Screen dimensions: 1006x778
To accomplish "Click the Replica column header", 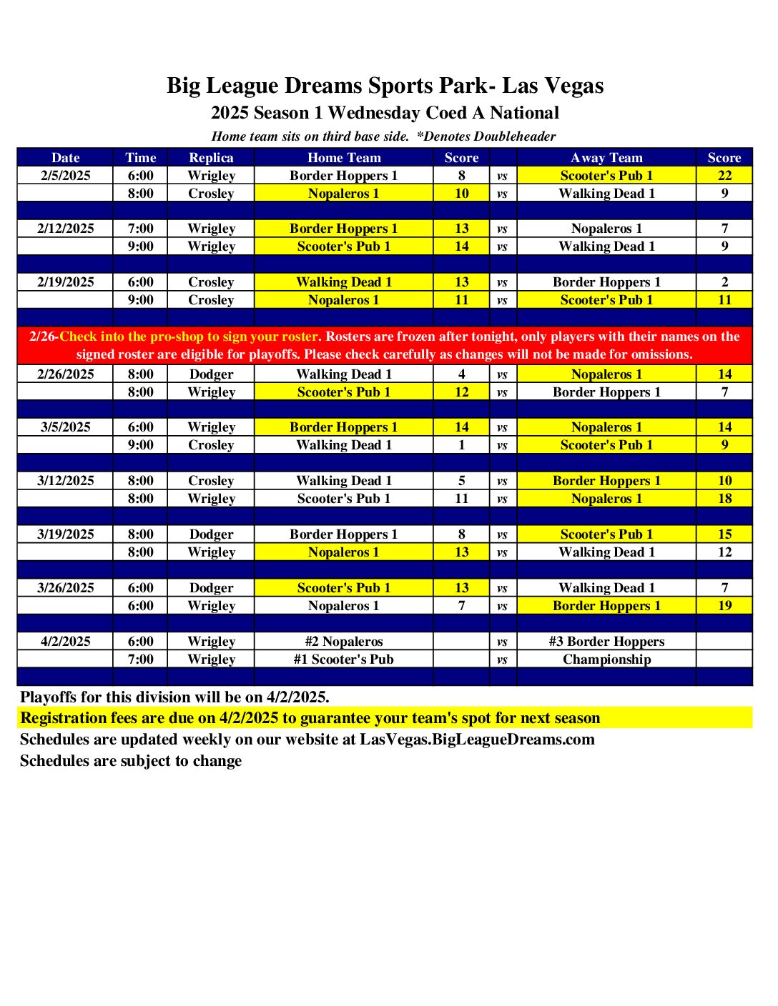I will coord(211,158).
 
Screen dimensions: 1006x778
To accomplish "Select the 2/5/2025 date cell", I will coord(65,176).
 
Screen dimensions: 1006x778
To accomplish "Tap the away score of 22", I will coord(724,176).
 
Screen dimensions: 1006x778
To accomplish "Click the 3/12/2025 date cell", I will coord(65,481).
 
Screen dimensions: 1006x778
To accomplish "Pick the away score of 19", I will coord(724,606).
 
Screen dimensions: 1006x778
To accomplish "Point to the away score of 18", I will coord(724,499).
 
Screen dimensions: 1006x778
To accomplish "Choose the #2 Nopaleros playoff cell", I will coord(343,642).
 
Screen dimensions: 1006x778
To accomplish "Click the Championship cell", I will coord(606,659).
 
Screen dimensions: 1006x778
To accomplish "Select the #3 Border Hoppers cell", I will coord(606,642).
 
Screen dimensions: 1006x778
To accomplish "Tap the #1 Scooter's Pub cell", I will coord(343,659).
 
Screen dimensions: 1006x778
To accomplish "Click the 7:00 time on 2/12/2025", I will coord(140,229).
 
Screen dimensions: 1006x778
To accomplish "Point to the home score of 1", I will coord(461,445).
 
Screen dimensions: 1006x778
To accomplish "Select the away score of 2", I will coord(724,282).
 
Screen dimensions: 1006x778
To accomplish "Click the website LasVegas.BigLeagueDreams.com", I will coord(477,739).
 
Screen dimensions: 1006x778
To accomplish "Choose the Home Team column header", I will coord(343,158).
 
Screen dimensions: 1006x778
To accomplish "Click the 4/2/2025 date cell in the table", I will coord(65,642).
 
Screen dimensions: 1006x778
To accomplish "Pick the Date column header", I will coord(65,158).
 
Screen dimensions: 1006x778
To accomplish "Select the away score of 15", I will coord(724,534).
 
